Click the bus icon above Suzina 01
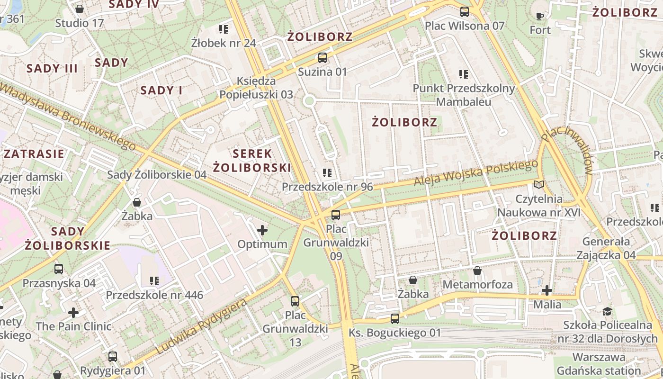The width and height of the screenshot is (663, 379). click(323, 58)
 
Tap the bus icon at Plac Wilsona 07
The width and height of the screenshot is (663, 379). click(465, 12)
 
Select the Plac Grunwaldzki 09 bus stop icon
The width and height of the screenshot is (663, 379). click(336, 215)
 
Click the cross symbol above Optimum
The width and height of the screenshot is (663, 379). click(262, 231)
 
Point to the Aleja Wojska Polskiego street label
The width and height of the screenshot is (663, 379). click(475, 173)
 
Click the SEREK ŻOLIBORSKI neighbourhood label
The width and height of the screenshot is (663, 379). click(251, 161)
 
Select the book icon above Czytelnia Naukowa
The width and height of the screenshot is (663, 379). click(539, 184)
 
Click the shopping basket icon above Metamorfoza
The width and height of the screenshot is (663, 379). click(477, 271)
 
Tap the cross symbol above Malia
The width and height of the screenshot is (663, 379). click(547, 290)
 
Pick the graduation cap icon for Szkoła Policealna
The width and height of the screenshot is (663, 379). click(607, 311)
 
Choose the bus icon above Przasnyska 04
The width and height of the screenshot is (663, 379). click(59, 269)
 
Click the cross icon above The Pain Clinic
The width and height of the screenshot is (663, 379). click(73, 312)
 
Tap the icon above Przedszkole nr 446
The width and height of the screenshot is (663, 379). click(154, 281)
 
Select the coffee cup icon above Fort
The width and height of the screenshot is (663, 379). click(540, 16)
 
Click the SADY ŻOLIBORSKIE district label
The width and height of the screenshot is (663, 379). click(67, 238)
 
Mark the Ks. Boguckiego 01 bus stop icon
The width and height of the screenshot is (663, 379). click(395, 319)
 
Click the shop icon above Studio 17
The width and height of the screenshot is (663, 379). click(80, 9)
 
